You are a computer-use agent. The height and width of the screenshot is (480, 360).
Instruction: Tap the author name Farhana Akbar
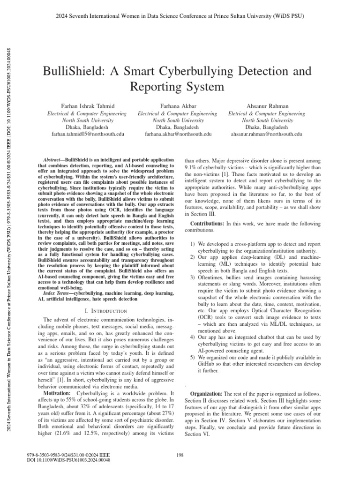[x=178, y=106]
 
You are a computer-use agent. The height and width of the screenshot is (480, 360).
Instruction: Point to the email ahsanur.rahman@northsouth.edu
[x=267, y=134]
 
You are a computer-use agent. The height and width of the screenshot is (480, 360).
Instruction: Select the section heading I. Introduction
[x=104, y=311]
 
